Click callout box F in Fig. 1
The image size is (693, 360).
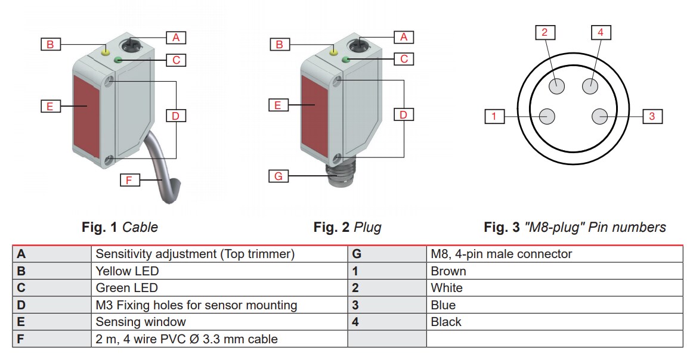pyautogui.click(x=129, y=179)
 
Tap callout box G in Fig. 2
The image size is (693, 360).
pyautogui.click(x=278, y=176)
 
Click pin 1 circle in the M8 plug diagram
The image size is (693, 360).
pyautogui.click(x=547, y=116)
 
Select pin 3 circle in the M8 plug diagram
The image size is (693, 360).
pyautogui.click(x=599, y=116)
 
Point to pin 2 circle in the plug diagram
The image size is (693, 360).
pyautogui.click(x=557, y=85)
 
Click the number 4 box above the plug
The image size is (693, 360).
pyautogui.click(x=601, y=32)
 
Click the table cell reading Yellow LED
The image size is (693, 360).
pyautogui.click(x=127, y=271)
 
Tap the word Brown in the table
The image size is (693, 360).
pyautogui.click(x=448, y=271)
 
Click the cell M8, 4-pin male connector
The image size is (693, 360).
pyautogui.click(x=501, y=254)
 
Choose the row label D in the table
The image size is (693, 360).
pyautogui.click(x=21, y=305)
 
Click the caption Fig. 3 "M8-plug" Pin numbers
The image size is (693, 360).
pyautogui.click(x=574, y=227)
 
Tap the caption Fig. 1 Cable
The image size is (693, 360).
pyautogui.click(x=120, y=227)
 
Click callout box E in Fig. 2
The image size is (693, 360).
pyautogui.click(x=277, y=105)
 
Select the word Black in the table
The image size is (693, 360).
pyautogui.click(x=446, y=322)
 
